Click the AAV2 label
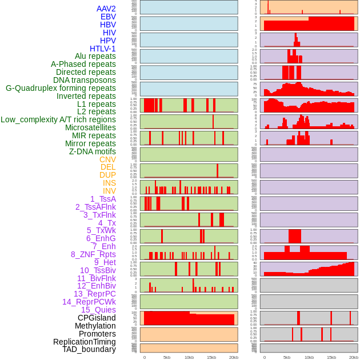106,9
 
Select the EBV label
108,17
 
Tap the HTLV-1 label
103,49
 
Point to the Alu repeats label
95,57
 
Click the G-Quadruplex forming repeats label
61,88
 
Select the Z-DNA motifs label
93,151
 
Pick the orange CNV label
107,159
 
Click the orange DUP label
107,175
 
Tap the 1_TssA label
103,199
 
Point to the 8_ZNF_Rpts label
93,254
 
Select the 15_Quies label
98,310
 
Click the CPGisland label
97,318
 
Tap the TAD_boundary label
89,349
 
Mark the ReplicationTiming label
85,342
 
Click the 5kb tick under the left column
167,357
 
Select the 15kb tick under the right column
331,357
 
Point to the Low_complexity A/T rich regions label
58,119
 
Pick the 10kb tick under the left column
189,357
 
